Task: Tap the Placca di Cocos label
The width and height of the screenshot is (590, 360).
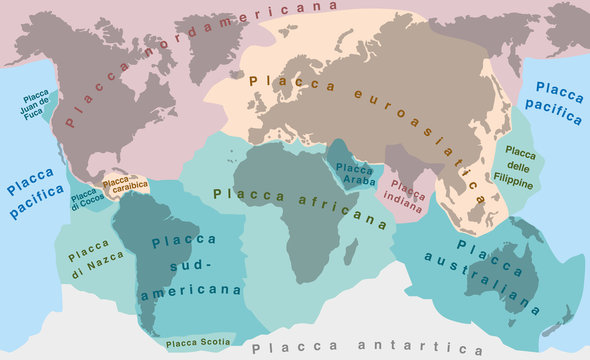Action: click(84, 199)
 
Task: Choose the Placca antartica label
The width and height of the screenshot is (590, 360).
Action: click(367, 348)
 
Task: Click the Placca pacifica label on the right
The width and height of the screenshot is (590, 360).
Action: click(553, 104)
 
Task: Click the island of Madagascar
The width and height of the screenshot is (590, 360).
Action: click(351, 251)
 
